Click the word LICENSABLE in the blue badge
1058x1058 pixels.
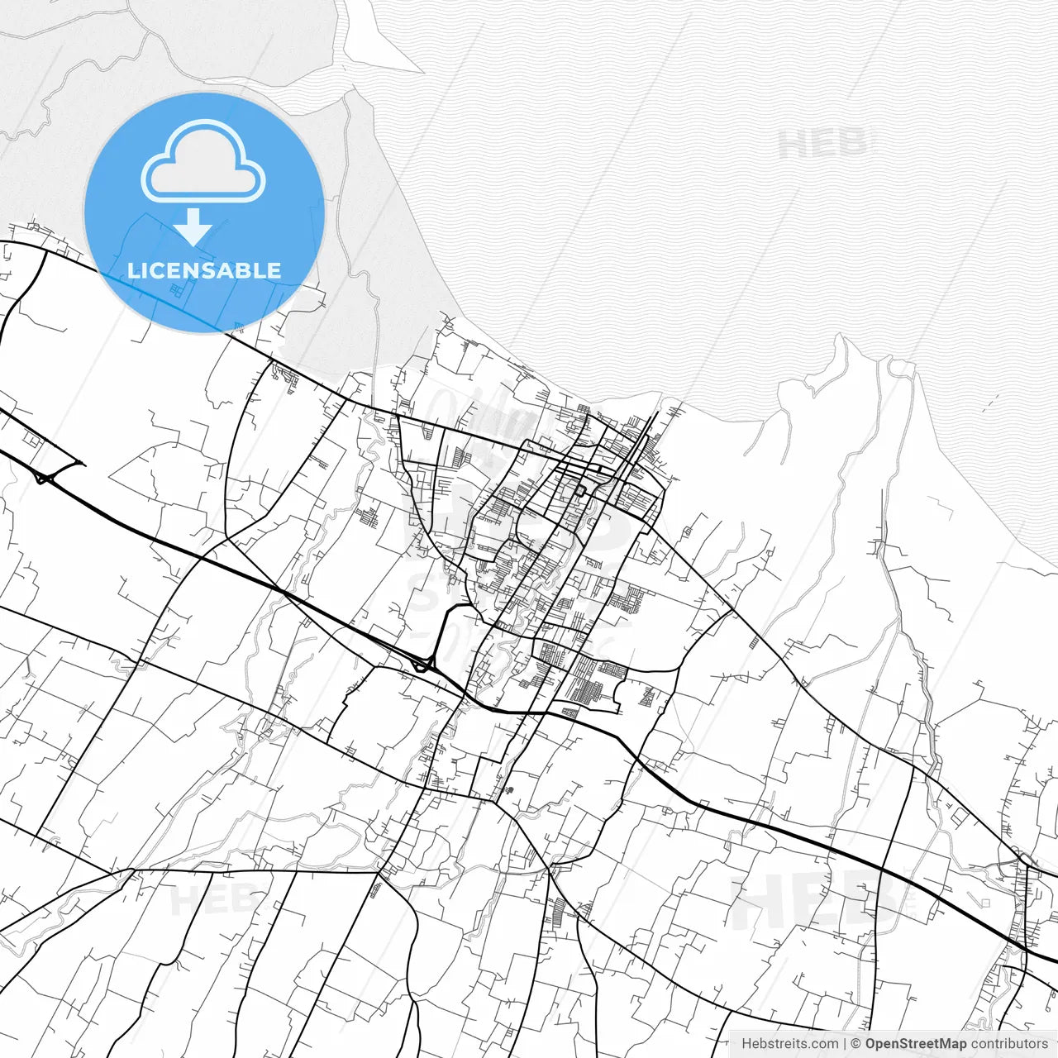pyautogui.click(x=204, y=270)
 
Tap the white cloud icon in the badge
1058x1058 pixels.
pyautogui.click(x=203, y=162)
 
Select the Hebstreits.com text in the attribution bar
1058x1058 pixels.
pyautogui.click(x=789, y=1043)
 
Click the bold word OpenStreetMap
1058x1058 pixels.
pyautogui.click(x=916, y=1043)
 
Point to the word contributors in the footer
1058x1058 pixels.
pyautogui.click(x=1009, y=1043)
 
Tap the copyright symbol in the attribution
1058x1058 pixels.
pyautogui.click(x=856, y=1043)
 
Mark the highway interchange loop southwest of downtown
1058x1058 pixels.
pyautogui.click(x=423, y=663)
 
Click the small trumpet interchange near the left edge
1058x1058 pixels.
pyautogui.click(x=43, y=477)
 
